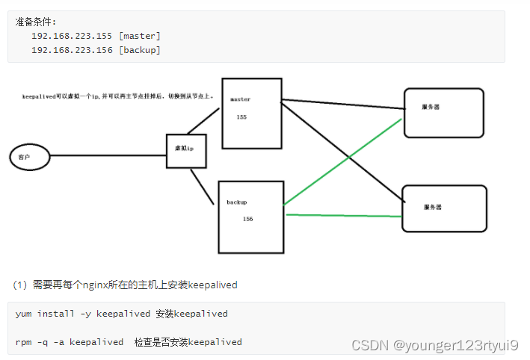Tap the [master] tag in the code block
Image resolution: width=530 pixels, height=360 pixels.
140,36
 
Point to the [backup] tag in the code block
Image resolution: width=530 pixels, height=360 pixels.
140,50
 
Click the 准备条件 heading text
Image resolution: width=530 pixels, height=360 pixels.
36,22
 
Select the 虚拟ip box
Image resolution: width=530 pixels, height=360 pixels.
185,149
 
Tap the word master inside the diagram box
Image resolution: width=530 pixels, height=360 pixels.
240,99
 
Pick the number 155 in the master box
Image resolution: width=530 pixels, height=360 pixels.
241,117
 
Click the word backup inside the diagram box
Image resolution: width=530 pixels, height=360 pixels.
237,202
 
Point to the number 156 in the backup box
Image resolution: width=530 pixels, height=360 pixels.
248,219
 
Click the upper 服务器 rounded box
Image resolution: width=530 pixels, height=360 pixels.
443,113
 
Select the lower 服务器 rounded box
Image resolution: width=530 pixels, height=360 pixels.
444,208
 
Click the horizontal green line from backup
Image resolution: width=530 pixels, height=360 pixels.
344,215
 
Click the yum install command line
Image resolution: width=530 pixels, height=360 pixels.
121,314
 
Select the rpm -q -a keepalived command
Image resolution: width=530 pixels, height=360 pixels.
70,342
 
